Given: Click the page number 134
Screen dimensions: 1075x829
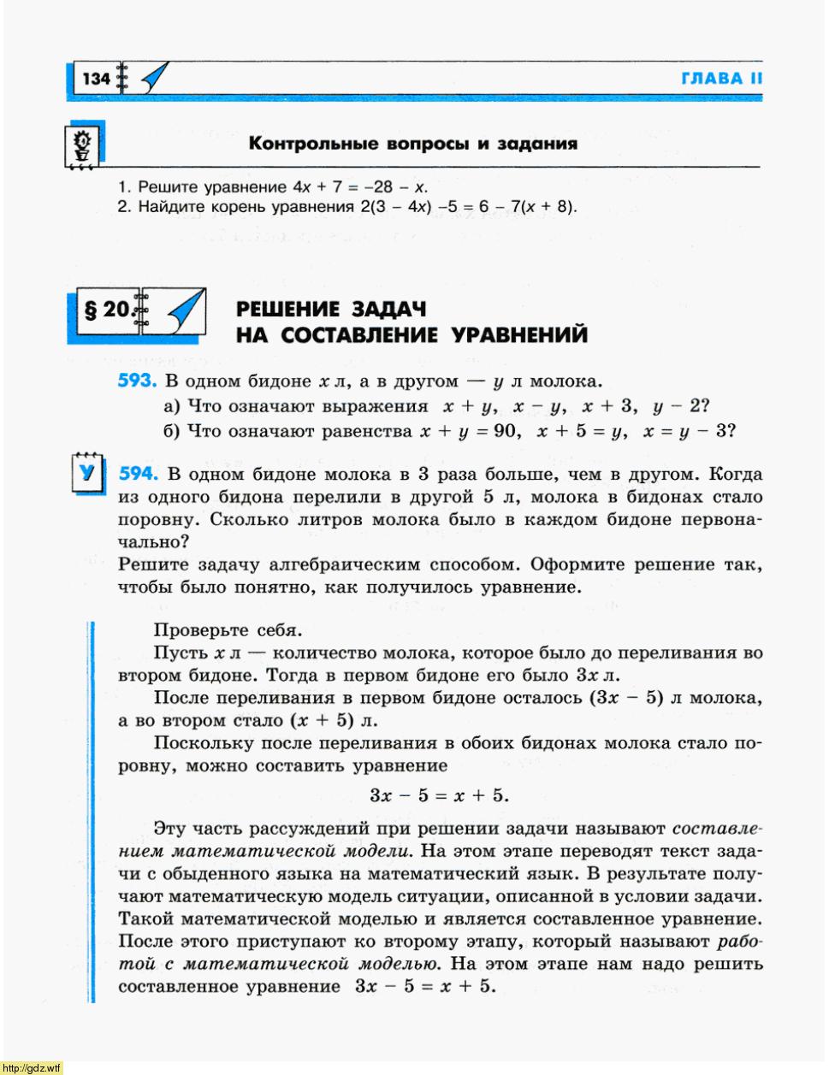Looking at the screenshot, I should coord(97,79).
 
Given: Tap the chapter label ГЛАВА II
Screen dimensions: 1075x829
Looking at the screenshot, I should coord(721,79).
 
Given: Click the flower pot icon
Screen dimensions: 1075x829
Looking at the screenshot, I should coord(83,146).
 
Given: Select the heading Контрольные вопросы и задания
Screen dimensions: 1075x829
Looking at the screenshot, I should coord(412,144).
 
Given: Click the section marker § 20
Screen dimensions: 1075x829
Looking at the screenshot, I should coord(106,310).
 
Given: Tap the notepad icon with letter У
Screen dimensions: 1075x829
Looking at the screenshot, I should coord(86,472).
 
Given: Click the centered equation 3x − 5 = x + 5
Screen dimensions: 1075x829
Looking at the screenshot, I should coord(439,795).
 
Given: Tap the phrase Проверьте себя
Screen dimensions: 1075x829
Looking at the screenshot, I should coord(228,630).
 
